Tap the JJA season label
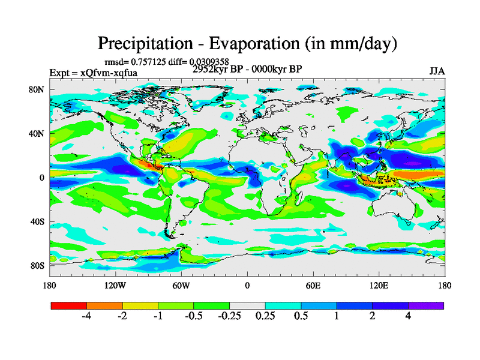437,72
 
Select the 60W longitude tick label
181,286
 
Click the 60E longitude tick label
313,286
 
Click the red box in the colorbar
69,305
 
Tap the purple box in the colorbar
426,305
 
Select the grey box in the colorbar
247,305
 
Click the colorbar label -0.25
229,316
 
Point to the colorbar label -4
86,316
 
